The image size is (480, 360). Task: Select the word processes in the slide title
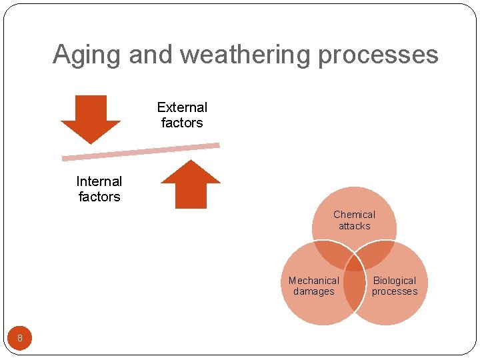pyautogui.click(x=377, y=55)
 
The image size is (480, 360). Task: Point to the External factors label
pyautogui.click(x=182, y=115)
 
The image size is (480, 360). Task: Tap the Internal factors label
pyautogui.click(x=99, y=189)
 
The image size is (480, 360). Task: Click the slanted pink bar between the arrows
pyautogui.click(x=141, y=151)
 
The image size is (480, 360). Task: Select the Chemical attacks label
pyautogui.click(x=354, y=220)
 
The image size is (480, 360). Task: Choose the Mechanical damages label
pyautogui.click(x=314, y=286)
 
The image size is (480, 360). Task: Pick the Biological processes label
pyautogui.click(x=395, y=286)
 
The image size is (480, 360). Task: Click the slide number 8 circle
pyautogui.click(x=20, y=338)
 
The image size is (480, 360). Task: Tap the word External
pyautogui.click(x=182, y=107)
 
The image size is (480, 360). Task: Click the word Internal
pyautogui.click(x=99, y=181)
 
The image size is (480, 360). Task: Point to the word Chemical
pyautogui.click(x=354, y=215)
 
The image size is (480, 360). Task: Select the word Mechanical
pyautogui.click(x=314, y=281)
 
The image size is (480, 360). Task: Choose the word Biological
pyautogui.click(x=395, y=281)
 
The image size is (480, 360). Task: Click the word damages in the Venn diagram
pyautogui.click(x=314, y=292)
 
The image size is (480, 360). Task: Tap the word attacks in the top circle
pyautogui.click(x=354, y=226)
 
